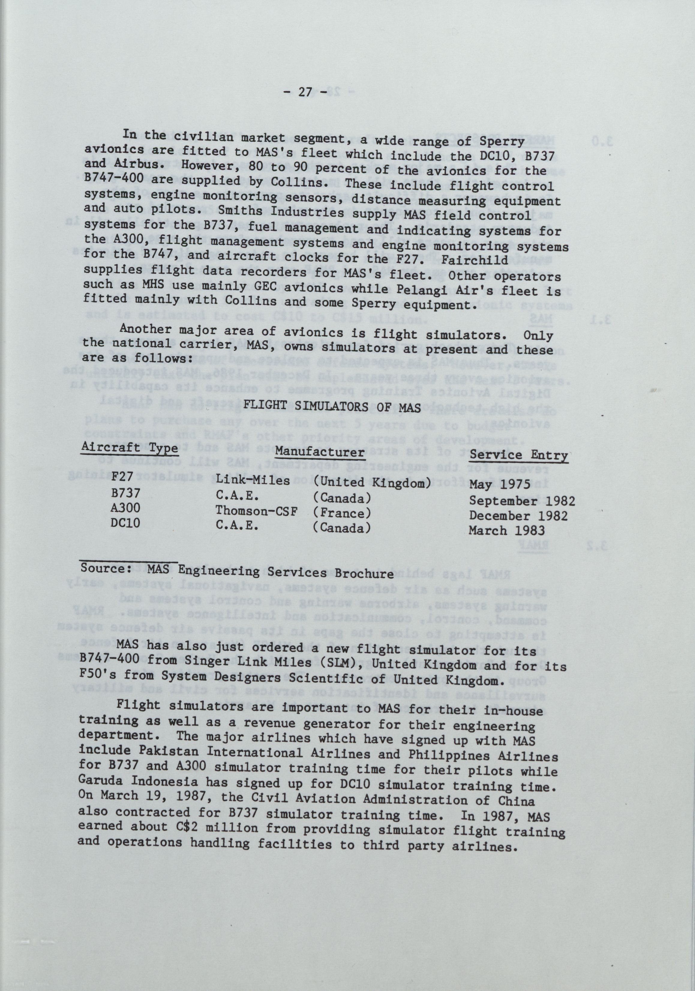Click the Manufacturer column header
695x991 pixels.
[x=319, y=452]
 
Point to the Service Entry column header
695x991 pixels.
[x=518, y=455]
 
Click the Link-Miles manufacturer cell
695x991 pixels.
[x=253, y=480]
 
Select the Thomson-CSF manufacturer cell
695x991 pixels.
[x=256, y=511]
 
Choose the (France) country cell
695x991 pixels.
[x=342, y=513]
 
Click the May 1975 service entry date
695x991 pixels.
[x=500, y=484]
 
